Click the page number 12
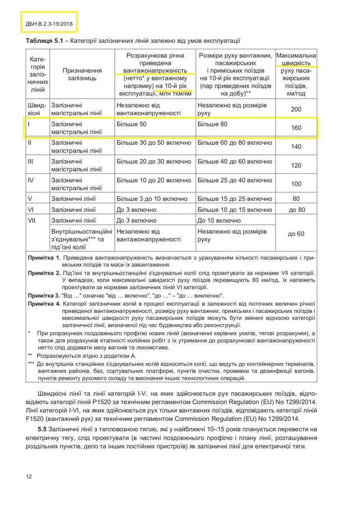coord(28,477)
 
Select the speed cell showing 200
coord(296,109)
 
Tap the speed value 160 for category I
coord(296,128)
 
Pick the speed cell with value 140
coord(296,147)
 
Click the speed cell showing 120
coord(296,165)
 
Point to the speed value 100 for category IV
coord(296,184)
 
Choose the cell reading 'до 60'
coord(296,234)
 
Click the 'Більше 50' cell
coord(131,124)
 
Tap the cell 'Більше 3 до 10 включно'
coord(152,199)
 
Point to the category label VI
coord(31,209)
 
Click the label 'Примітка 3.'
coord(43,296)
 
